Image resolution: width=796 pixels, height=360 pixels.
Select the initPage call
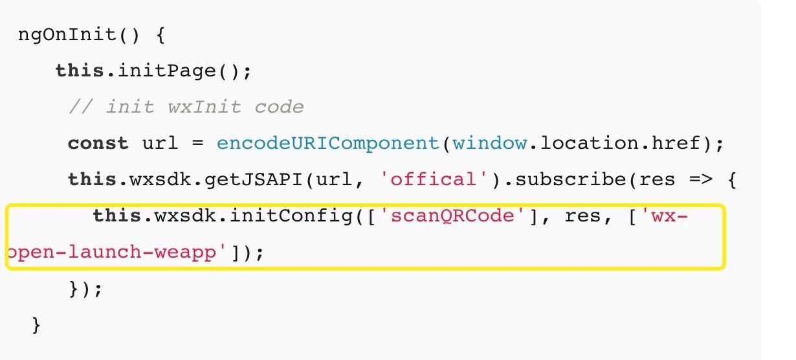pyautogui.click(x=166, y=70)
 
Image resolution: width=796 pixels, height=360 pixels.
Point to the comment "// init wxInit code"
pyautogui.click(x=186, y=106)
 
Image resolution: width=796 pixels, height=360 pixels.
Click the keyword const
pyautogui.click(x=98, y=142)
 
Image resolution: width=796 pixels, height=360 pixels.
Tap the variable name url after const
pyautogui.click(x=160, y=142)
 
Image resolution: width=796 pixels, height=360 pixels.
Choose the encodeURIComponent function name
pyautogui.click(x=329, y=142)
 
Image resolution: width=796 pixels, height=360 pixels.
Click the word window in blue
pyautogui.click(x=490, y=142)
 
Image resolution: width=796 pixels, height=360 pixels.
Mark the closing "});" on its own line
pyautogui.click(x=85, y=289)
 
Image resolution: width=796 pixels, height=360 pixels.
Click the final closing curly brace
pyautogui.click(x=36, y=324)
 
